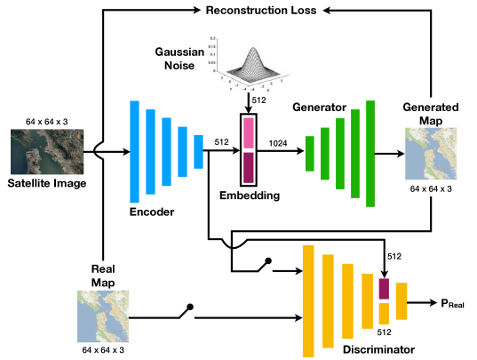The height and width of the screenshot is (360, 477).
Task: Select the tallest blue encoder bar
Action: [135, 150]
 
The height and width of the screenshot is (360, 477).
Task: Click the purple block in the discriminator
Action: [384, 289]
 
